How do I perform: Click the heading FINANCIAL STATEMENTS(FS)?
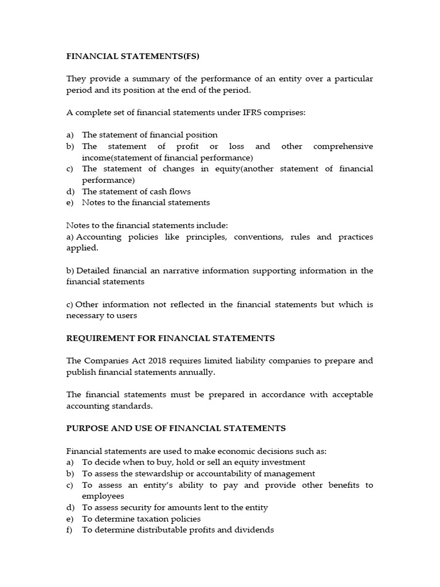(133, 56)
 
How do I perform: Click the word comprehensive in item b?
(343, 146)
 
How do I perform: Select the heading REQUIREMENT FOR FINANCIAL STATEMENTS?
(171, 338)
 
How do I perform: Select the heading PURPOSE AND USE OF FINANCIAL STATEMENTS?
(176, 428)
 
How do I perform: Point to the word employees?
(103, 496)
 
